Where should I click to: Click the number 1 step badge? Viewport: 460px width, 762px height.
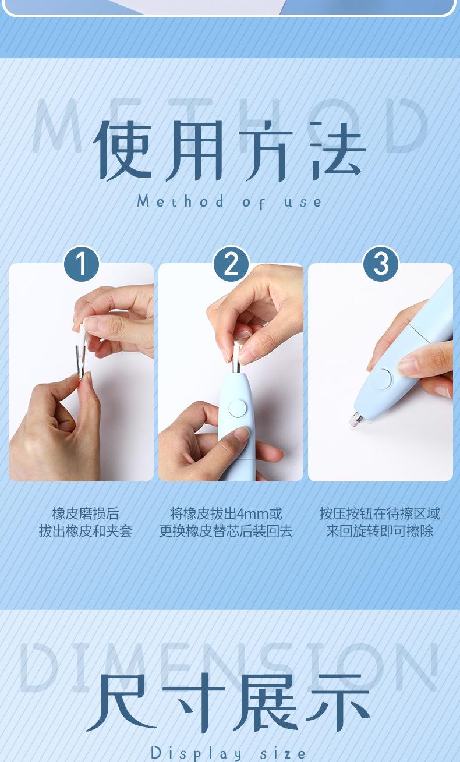coord(82,264)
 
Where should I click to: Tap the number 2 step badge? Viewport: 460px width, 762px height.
coord(231,264)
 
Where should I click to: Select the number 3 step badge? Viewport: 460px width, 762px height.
coord(381,264)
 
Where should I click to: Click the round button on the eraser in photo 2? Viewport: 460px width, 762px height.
coord(237,409)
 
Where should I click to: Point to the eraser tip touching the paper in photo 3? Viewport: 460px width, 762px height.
coord(355,419)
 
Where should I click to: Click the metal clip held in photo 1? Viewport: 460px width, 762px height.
coord(80,362)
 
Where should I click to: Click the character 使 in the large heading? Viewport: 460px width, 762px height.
coord(122,151)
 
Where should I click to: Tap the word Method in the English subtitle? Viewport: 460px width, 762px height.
coord(181,201)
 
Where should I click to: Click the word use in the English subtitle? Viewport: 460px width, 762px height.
coord(303,202)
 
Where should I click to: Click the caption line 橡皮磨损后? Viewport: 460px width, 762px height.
coord(86,513)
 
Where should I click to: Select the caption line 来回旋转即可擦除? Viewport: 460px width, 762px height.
coord(380,531)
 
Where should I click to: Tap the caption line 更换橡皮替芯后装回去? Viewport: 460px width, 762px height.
coord(226,531)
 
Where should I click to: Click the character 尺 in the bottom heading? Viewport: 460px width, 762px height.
coord(119,703)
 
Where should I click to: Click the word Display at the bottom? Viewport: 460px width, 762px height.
coord(196,754)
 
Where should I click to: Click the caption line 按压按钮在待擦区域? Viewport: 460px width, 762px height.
coord(380,513)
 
